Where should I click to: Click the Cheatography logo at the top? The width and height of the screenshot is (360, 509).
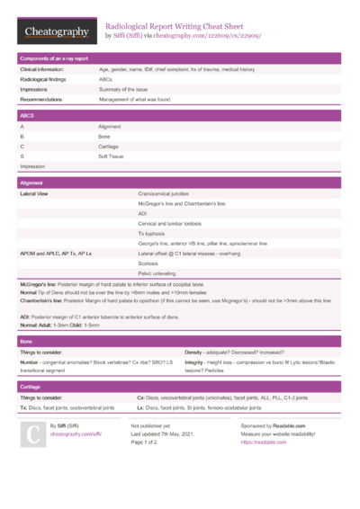(56, 31)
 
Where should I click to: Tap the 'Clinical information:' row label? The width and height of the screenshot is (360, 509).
(42, 69)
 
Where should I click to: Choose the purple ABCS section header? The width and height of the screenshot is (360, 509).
(180, 116)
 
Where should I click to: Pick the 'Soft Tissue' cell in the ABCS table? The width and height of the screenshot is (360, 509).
(114, 156)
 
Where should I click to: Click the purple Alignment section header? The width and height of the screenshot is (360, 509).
(180, 183)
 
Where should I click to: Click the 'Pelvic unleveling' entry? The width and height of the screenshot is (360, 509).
(157, 273)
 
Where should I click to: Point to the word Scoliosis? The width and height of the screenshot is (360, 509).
(148, 263)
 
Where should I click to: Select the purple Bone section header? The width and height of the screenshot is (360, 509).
(180, 342)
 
